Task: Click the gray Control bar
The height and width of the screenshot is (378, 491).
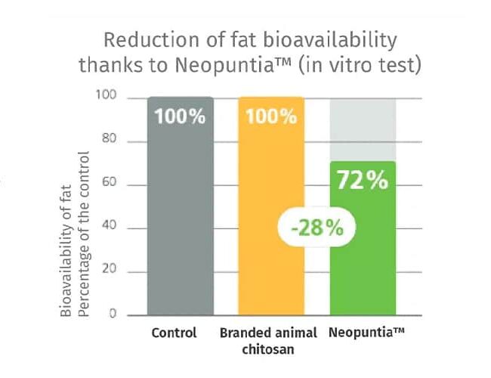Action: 181,227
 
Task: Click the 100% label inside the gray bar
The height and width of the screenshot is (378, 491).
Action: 181,117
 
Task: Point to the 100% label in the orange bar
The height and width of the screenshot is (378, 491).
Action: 271,117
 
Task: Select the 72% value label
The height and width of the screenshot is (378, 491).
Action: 363,181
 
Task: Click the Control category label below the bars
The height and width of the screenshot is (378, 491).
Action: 174,333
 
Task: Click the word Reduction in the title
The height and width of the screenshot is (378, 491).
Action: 141,39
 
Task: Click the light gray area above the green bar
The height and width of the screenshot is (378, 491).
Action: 363,129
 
